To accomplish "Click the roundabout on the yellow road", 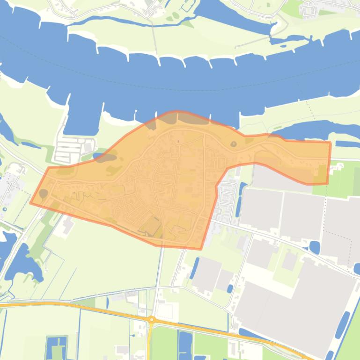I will point(151,320).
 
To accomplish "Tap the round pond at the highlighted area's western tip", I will point(43,193).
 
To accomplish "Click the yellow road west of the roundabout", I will point(70,304).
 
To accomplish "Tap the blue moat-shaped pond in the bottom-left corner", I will point(57,347).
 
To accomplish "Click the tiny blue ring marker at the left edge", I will point(5,209).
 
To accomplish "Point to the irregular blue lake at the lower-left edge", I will point(21,266).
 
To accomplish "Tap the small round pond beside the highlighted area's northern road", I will point(233,144).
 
